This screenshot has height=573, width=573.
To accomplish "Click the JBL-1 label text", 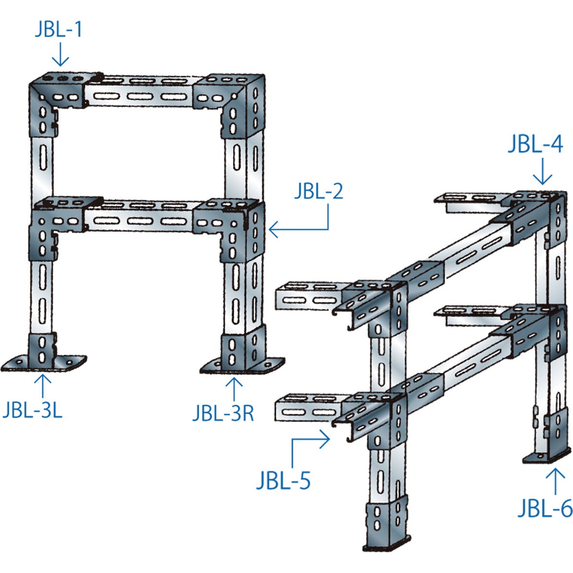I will point(59,30).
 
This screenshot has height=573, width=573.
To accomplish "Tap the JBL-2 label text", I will point(319,192).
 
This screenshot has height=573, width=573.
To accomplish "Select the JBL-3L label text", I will point(32,411).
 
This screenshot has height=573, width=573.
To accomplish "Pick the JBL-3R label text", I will point(223,414).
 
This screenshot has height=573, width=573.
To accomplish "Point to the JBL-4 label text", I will point(536,144).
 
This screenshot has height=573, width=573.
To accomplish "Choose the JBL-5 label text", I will point(283,480).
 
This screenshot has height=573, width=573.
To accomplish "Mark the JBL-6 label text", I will point(545,509).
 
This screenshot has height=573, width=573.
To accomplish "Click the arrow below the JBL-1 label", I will point(60,55).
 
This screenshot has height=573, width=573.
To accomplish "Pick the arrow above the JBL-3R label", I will point(234,389).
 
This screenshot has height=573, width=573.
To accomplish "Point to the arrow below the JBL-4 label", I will point(543,172).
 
